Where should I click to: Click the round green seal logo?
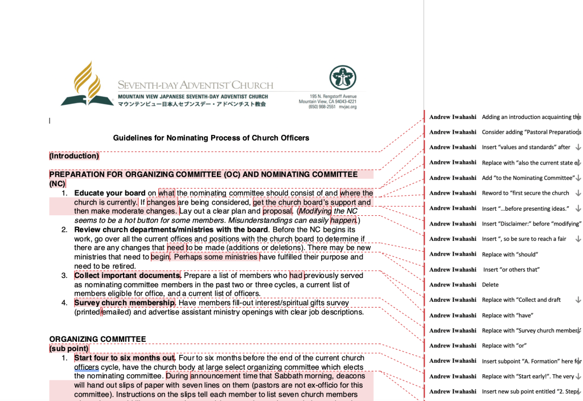click(342, 78)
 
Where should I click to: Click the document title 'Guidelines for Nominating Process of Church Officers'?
click(211, 138)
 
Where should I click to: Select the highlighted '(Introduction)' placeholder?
click(74, 156)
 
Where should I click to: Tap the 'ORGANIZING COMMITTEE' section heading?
click(97, 339)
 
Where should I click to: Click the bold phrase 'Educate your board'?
click(110, 193)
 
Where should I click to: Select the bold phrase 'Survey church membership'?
click(124, 302)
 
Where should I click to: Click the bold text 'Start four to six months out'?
click(124, 358)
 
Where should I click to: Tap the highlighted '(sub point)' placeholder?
click(69, 348)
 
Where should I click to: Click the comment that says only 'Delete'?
click(490, 285)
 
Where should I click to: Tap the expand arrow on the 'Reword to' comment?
click(578, 193)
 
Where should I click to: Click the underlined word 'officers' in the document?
click(87, 367)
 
